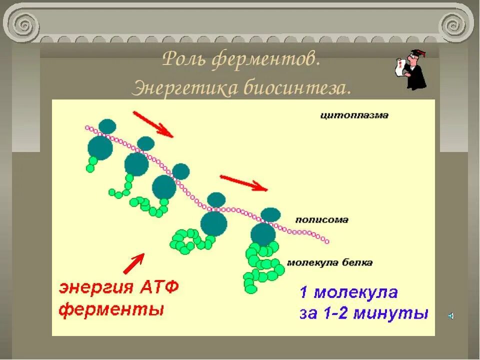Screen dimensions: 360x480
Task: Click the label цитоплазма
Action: [354, 115]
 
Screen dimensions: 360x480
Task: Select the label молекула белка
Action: [329, 262]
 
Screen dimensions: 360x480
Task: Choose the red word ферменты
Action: [111, 309]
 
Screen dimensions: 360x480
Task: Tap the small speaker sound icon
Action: [450, 316]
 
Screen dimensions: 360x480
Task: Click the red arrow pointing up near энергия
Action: [133, 263]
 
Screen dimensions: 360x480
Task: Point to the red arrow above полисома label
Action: [244, 183]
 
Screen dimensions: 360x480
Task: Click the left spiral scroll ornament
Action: [22, 22]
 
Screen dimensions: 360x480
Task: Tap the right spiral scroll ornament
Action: [456, 23]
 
